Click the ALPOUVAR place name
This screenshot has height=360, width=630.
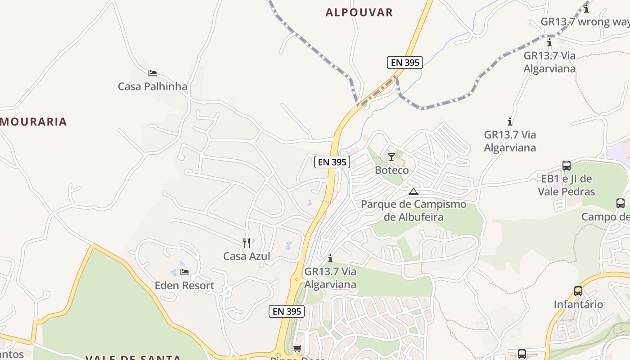tap(359, 13)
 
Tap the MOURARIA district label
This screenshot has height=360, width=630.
tap(34, 121)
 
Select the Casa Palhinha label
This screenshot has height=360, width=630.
tap(153, 86)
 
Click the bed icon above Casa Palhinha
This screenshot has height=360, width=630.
tap(153, 73)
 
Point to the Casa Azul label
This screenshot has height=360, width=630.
tap(247, 256)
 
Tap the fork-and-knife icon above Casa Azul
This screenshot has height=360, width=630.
tap(247, 243)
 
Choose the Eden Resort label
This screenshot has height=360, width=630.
tap(184, 286)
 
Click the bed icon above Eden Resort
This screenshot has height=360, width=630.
tap(184, 272)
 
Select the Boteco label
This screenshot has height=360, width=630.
tap(392, 170)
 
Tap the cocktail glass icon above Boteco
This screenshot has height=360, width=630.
tap(391, 157)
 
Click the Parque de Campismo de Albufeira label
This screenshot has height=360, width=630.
tap(414, 211)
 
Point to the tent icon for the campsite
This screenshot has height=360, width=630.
tap(414, 191)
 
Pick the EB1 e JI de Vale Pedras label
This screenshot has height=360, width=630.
tap(567, 185)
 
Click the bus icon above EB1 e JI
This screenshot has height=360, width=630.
tap(567, 166)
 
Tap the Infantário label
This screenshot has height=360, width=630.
tap(578, 305)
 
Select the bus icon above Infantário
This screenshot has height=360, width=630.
tap(578, 291)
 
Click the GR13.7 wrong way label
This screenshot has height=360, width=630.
tap(585, 22)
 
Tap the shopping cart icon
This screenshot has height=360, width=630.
tap(297, 349)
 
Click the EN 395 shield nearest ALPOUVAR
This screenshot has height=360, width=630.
tap(405, 63)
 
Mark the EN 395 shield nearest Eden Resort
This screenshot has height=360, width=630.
tap(287, 311)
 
